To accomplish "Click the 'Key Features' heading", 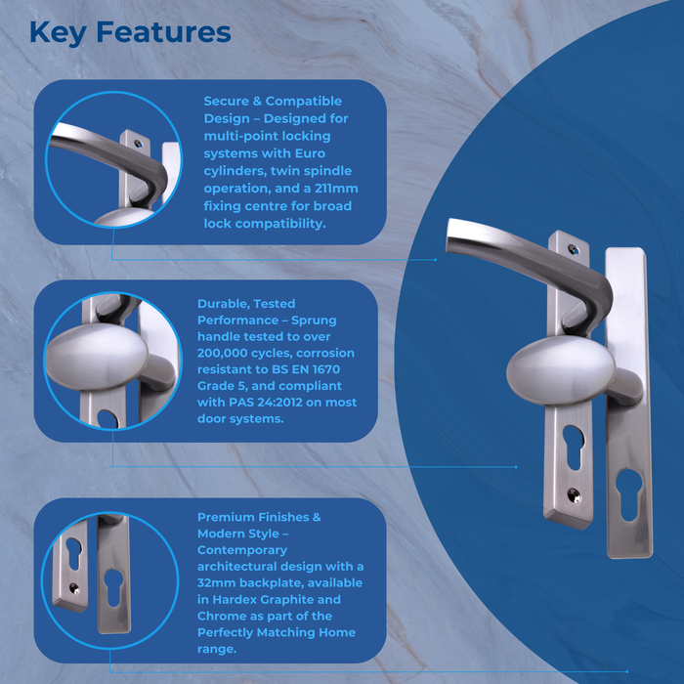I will pyautogui.click(x=130, y=33).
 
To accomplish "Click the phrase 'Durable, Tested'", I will pyautogui.click(x=245, y=304).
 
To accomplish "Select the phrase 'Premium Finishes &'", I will pyautogui.click(x=259, y=517).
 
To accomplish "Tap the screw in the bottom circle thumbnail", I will pyautogui.click(x=72, y=587).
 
